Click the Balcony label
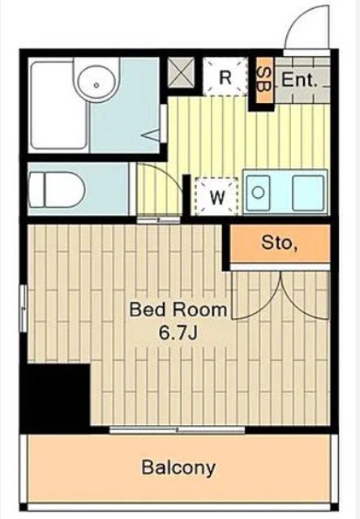(178, 468)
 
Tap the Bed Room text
(178, 310)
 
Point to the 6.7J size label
(178, 333)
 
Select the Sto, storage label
(279, 242)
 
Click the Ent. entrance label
(299, 79)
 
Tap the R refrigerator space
(225, 77)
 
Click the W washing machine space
(217, 196)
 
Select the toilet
(57, 189)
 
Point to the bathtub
(59, 105)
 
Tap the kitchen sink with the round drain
(258, 193)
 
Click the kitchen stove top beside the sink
(308, 193)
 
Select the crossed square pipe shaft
(181, 72)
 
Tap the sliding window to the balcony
(177, 430)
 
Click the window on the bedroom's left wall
(24, 308)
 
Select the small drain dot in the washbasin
(96, 85)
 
